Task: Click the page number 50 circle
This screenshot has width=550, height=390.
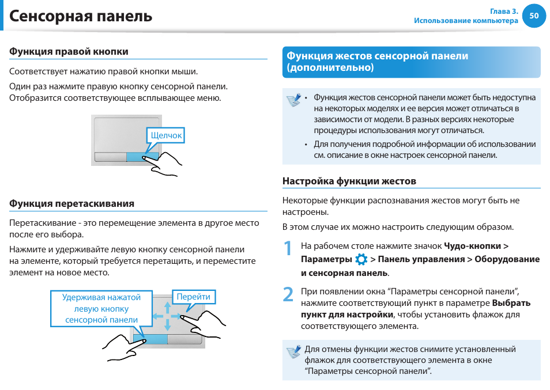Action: tap(534, 16)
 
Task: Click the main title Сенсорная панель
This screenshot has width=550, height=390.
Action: tap(81, 16)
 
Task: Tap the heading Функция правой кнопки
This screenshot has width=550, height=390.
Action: tap(69, 52)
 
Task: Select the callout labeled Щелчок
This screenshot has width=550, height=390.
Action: tap(166, 136)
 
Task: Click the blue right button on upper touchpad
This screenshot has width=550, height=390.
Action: tap(142, 157)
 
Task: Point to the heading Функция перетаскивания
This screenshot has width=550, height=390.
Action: tap(71, 203)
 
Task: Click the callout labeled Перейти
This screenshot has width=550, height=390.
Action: tap(193, 297)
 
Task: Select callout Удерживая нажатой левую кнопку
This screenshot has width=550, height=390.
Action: tap(101, 308)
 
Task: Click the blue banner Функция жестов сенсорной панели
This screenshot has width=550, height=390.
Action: tap(410, 62)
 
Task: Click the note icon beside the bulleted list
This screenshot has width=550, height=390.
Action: tap(294, 100)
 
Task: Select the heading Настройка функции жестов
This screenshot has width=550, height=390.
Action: tap(349, 181)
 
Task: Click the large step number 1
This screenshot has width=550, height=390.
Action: tap(288, 248)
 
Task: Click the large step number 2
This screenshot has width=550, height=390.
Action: tap(288, 294)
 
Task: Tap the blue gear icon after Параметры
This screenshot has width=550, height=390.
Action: tap(361, 259)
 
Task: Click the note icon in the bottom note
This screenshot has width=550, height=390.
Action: tap(294, 351)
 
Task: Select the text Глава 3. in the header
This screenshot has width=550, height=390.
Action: tap(504, 11)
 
